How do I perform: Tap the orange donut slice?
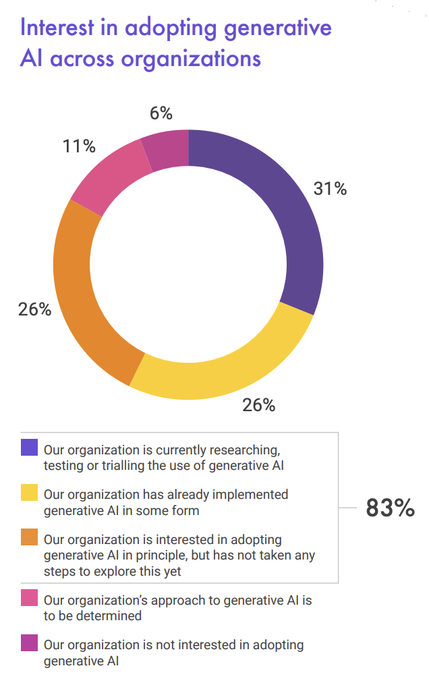(x=81, y=297)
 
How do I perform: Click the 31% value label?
(x=330, y=189)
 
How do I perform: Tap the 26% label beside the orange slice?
(x=34, y=309)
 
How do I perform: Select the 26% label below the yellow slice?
(x=259, y=405)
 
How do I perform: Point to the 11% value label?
(x=79, y=146)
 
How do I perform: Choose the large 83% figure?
(x=390, y=508)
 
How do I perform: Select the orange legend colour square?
(x=30, y=539)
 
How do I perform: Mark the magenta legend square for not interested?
(x=30, y=644)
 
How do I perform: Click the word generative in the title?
(x=277, y=28)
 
